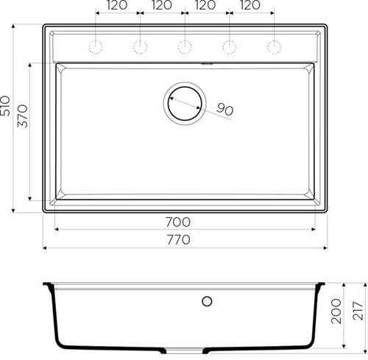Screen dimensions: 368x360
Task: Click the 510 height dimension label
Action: pos(5,106)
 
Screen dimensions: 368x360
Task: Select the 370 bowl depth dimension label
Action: pos(23,116)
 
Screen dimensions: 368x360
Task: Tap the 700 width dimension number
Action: pos(178,222)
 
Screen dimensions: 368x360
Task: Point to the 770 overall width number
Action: pos(179,239)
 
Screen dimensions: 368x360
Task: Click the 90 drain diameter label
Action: pos(224,110)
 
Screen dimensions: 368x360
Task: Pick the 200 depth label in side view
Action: pos(336,311)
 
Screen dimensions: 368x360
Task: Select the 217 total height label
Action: pos(358,311)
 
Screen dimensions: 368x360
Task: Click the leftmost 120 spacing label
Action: pos(117,5)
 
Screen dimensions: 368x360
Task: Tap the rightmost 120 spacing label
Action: pos(250,5)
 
